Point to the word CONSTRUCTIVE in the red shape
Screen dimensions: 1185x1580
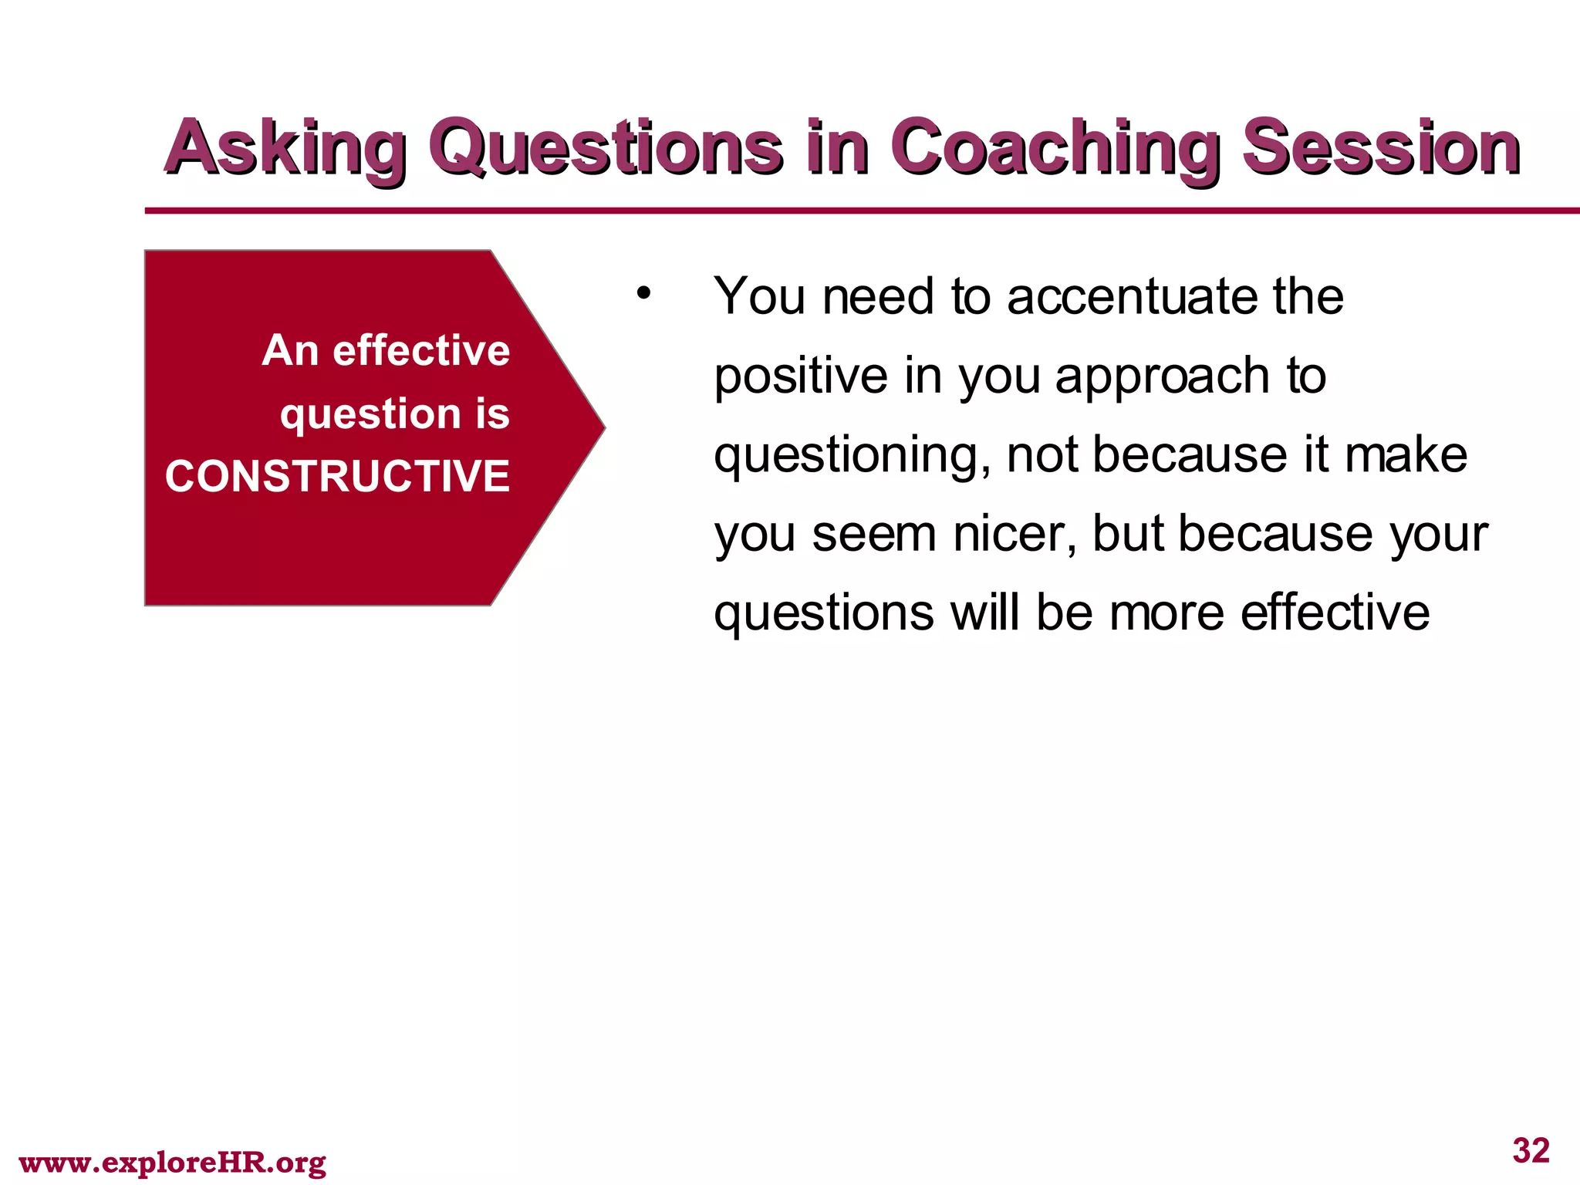pos(337,476)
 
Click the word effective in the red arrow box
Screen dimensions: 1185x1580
pos(421,351)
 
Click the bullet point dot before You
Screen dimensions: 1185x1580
pos(644,294)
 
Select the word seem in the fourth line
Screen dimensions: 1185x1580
pos(874,535)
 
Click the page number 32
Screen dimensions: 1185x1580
pos(1531,1150)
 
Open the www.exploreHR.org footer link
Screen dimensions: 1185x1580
pos(172,1162)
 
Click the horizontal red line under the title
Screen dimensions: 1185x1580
pos(849,210)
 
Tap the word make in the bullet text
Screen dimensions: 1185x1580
pos(1406,455)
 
